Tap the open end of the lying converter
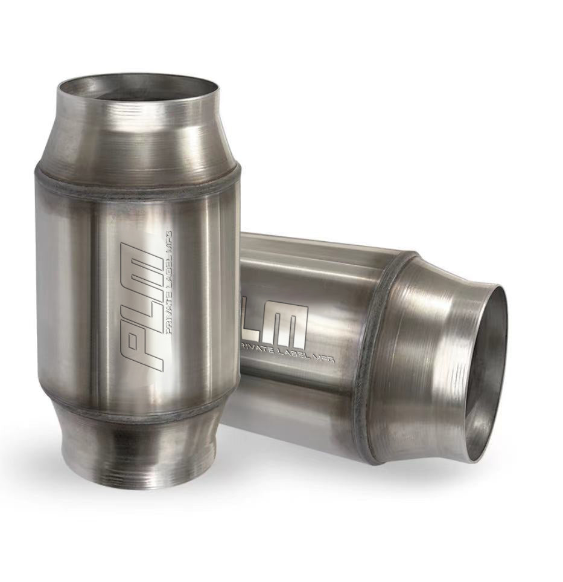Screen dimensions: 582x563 [486, 375]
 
